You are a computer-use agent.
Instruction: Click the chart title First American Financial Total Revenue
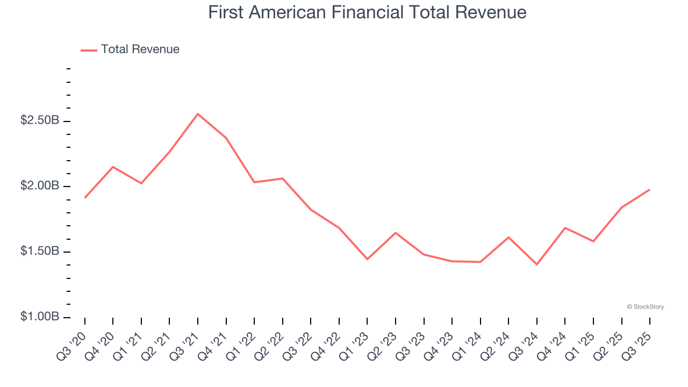[x=367, y=12]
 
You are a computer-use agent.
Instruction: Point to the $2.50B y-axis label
[x=40, y=120]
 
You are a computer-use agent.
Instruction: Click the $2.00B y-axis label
[x=40, y=186]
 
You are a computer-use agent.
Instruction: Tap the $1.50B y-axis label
[x=40, y=252]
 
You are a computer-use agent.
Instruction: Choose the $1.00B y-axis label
[x=40, y=317]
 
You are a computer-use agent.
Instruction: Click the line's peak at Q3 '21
[x=198, y=114]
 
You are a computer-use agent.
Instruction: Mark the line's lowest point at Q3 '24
[x=537, y=264]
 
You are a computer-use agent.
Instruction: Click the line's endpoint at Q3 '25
[x=649, y=190]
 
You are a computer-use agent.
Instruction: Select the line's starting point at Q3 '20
[x=85, y=198]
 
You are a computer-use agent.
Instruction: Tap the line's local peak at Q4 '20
[x=113, y=167]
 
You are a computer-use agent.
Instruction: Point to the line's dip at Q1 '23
[x=367, y=259]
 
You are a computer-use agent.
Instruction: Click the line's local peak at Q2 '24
[x=508, y=237]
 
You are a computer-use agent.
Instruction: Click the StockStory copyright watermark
[x=645, y=307]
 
